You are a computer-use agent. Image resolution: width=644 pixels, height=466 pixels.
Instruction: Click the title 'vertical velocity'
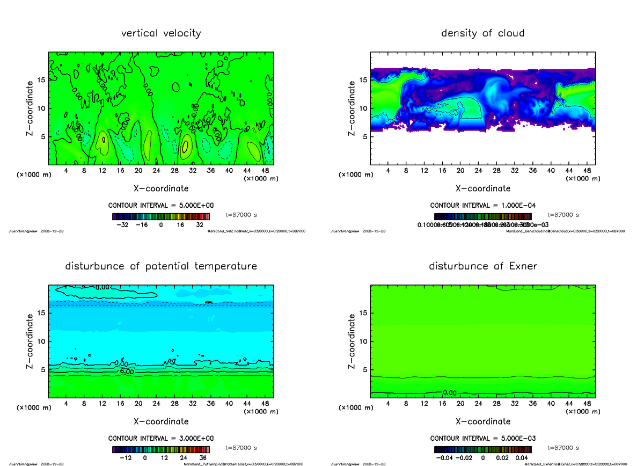pos(161,33)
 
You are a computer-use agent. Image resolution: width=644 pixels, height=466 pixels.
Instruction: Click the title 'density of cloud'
pos(482,33)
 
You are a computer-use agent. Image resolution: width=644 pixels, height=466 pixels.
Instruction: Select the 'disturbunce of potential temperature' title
pos(161,266)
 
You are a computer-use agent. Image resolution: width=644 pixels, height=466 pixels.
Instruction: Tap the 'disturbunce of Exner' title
pos(482,266)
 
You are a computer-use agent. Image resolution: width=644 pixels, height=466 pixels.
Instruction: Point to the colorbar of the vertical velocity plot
pos(161,217)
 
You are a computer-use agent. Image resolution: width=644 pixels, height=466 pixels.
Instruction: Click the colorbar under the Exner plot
pos(482,450)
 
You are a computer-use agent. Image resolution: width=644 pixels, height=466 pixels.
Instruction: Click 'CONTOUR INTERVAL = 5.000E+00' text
pos(160,206)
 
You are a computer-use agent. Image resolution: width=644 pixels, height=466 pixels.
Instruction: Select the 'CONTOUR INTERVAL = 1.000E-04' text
pos(482,206)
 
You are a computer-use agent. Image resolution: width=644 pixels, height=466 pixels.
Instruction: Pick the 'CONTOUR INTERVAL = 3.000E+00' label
pos(160,439)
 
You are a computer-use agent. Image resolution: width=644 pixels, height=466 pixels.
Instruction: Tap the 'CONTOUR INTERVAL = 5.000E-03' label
pos(482,439)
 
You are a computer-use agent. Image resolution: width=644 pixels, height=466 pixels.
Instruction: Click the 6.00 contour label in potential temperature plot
pos(127,372)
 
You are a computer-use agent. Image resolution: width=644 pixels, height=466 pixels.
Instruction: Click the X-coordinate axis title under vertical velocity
pos(161,188)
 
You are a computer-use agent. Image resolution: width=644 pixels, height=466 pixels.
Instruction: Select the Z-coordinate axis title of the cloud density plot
pos(352,108)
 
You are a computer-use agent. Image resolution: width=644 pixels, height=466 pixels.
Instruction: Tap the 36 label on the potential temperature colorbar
pos(204,458)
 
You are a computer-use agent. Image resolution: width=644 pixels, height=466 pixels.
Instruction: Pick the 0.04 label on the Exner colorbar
pos(522,458)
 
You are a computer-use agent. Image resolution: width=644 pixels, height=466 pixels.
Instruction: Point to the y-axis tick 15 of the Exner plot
pos(363,313)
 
